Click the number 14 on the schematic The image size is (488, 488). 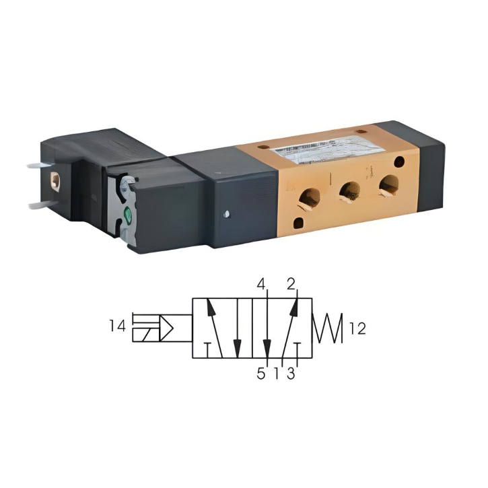click(116, 326)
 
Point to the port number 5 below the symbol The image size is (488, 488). click(260, 373)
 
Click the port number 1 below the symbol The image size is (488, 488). click(276, 373)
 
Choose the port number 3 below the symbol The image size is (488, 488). click(291, 373)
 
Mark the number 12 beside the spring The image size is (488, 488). click(358, 328)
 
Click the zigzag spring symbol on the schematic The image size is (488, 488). click(328, 328)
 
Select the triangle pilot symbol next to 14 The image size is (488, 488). click(166, 328)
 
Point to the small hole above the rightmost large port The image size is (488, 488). click(400, 162)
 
